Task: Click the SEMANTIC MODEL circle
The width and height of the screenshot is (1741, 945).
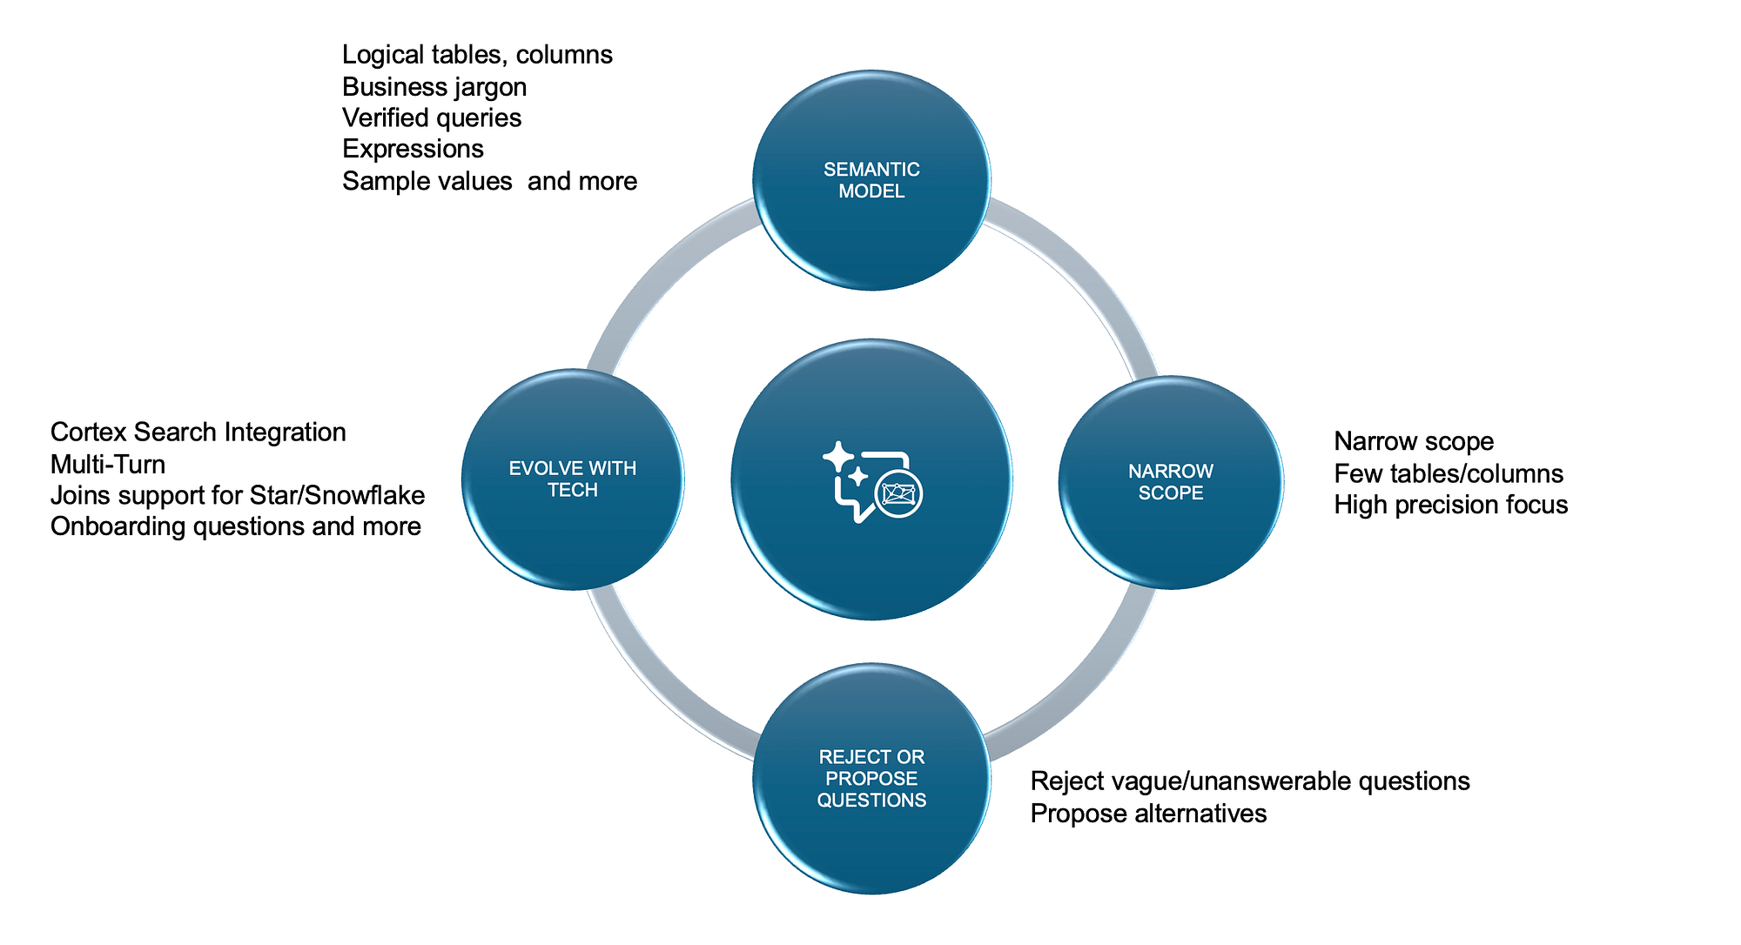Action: tap(871, 180)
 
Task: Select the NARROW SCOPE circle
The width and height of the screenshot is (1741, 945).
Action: tap(1171, 482)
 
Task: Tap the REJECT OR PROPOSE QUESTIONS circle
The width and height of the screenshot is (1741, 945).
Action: tap(871, 778)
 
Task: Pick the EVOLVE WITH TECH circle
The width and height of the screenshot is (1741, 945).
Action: tap(573, 479)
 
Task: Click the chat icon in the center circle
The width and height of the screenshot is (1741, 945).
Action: tap(872, 483)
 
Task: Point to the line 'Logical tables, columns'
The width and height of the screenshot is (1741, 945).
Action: tap(477, 56)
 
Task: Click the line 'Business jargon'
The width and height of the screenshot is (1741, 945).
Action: tap(434, 87)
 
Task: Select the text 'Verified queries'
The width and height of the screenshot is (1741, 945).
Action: tap(432, 118)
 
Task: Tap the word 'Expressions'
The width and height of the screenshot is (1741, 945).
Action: tap(413, 150)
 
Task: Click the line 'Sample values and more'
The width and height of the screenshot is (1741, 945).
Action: tap(489, 181)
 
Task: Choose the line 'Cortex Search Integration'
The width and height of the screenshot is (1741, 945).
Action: tap(198, 432)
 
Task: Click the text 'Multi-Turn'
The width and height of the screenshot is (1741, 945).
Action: tap(108, 464)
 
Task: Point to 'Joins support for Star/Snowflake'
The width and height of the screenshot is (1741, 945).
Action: tap(238, 495)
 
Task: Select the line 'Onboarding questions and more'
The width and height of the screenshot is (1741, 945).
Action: tap(236, 526)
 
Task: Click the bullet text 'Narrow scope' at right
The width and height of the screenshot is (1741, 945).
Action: tap(1414, 442)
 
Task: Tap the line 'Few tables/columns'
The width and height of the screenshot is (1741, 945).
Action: tap(1449, 473)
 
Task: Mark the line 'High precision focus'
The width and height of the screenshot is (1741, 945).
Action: tap(1451, 505)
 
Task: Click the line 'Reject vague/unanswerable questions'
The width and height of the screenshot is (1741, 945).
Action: tap(1250, 781)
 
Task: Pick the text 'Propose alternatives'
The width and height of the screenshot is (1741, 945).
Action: tap(1148, 814)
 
